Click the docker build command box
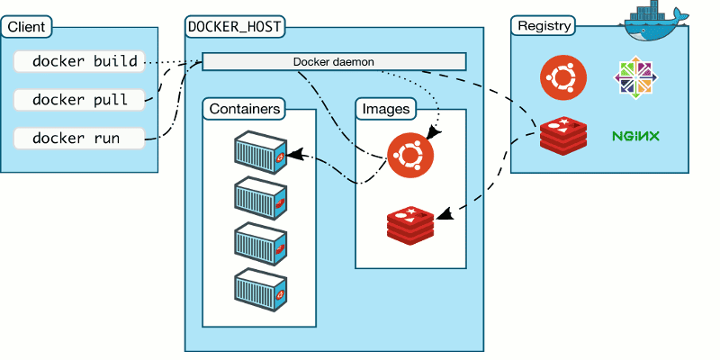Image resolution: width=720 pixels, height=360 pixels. click(x=79, y=62)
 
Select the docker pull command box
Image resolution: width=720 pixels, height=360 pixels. click(x=79, y=100)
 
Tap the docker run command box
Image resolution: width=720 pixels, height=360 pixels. click(x=79, y=139)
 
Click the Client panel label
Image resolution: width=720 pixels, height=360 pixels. click(x=27, y=27)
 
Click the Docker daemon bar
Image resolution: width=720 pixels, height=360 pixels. click(x=334, y=61)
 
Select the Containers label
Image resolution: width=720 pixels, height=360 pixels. click(x=244, y=109)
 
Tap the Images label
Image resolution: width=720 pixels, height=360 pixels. click(x=386, y=109)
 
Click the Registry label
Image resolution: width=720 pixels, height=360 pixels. click(x=544, y=26)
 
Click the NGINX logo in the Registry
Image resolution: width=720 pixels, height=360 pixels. click(x=635, y=137)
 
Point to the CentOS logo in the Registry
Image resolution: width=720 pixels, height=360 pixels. click(x=635, y=78)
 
